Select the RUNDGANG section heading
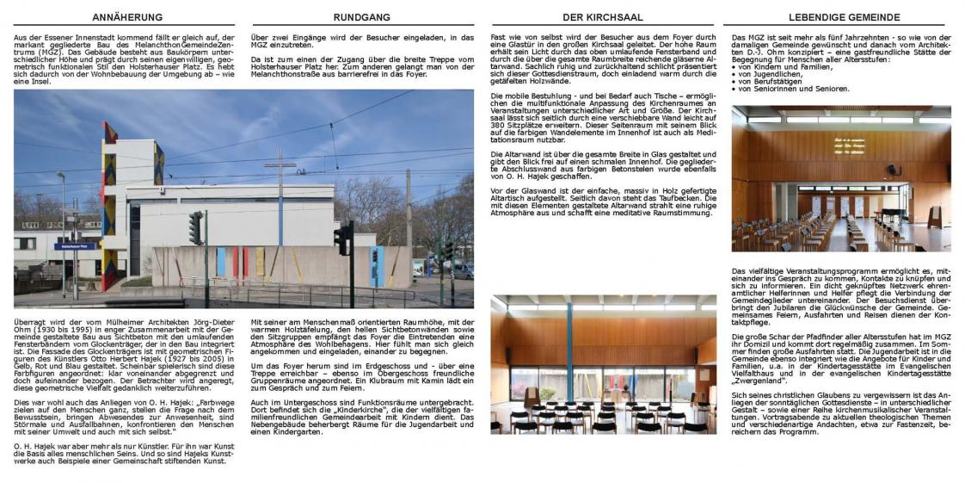361,17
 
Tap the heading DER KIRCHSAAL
602,17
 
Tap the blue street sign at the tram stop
71,246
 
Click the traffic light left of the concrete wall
195,227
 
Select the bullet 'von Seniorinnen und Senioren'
784,89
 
